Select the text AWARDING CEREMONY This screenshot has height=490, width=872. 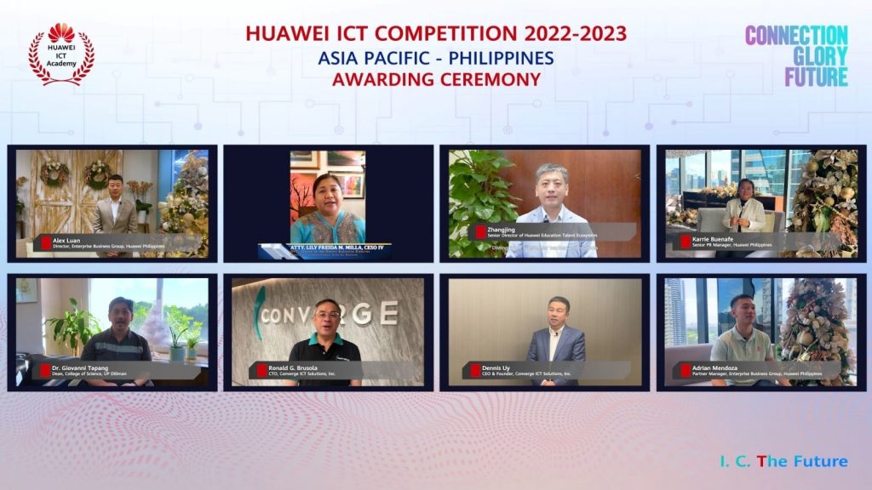(436, 80)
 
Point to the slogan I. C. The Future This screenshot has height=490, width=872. (782, 461)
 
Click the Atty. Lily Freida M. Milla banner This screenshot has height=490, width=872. (327, 249)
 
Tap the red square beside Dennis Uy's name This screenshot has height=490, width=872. (475, 370)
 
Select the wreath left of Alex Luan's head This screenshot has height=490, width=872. (54, 173)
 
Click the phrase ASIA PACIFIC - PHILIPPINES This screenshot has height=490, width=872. (436, 58)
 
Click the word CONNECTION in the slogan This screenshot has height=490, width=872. (796, 36)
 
